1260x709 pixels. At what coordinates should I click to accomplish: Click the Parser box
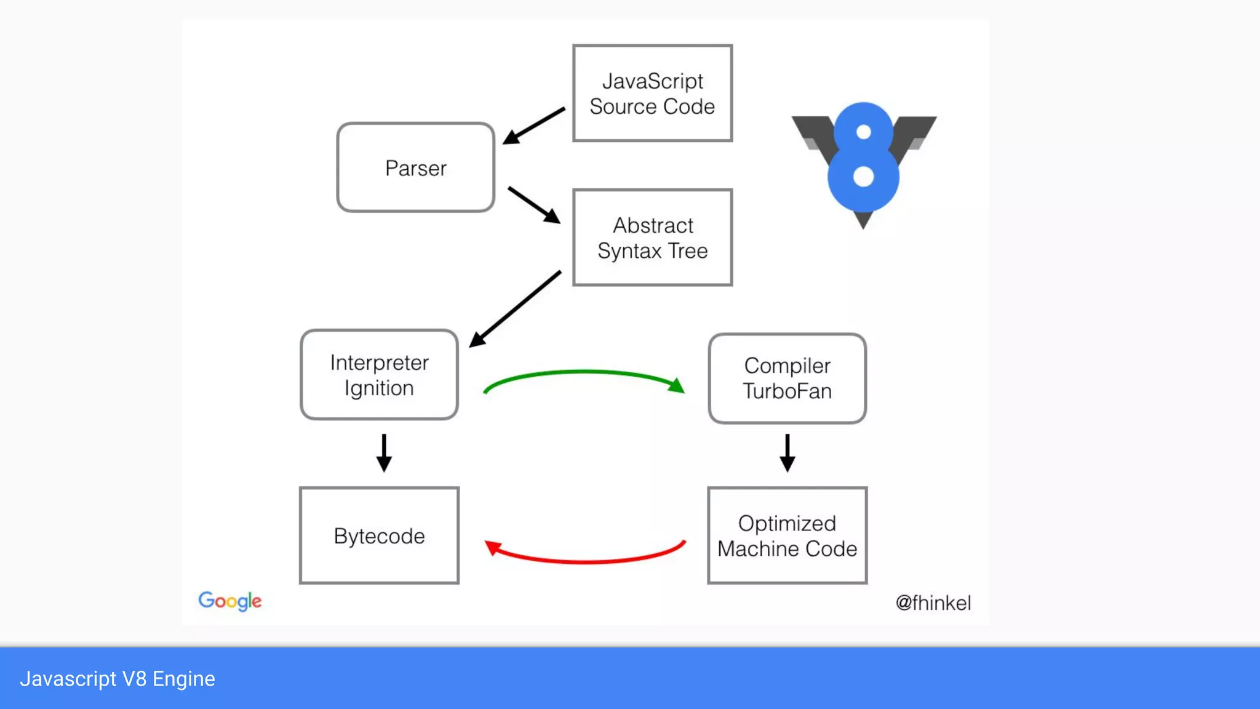pos(416,167)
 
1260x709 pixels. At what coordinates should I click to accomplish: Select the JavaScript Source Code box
pos(652,94)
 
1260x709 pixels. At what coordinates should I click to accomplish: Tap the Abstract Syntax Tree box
pos(652,238)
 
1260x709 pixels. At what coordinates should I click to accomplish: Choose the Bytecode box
pos(379,535)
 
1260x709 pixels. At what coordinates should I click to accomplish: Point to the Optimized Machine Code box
pos(787,535)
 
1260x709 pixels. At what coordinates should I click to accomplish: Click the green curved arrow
pos(584,372)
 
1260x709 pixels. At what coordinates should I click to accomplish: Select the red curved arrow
pos(584,561)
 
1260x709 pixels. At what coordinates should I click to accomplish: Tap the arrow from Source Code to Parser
pos(534,126)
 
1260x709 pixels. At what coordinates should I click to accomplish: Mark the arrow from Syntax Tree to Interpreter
pos(516,308)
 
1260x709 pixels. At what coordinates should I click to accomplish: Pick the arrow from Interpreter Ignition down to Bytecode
pos(384,452)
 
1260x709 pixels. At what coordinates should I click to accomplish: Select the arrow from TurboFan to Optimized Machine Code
pos(787,452)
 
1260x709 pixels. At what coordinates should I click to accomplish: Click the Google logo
pos(230,601)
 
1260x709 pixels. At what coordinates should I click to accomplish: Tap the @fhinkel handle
pos(933,603)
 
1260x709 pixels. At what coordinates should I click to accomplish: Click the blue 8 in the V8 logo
pos(863,158)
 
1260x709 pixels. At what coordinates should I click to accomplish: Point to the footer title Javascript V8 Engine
pos(118,679)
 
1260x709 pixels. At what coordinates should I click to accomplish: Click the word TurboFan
pos(787,391)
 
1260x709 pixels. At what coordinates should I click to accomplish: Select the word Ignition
pos(379,388)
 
